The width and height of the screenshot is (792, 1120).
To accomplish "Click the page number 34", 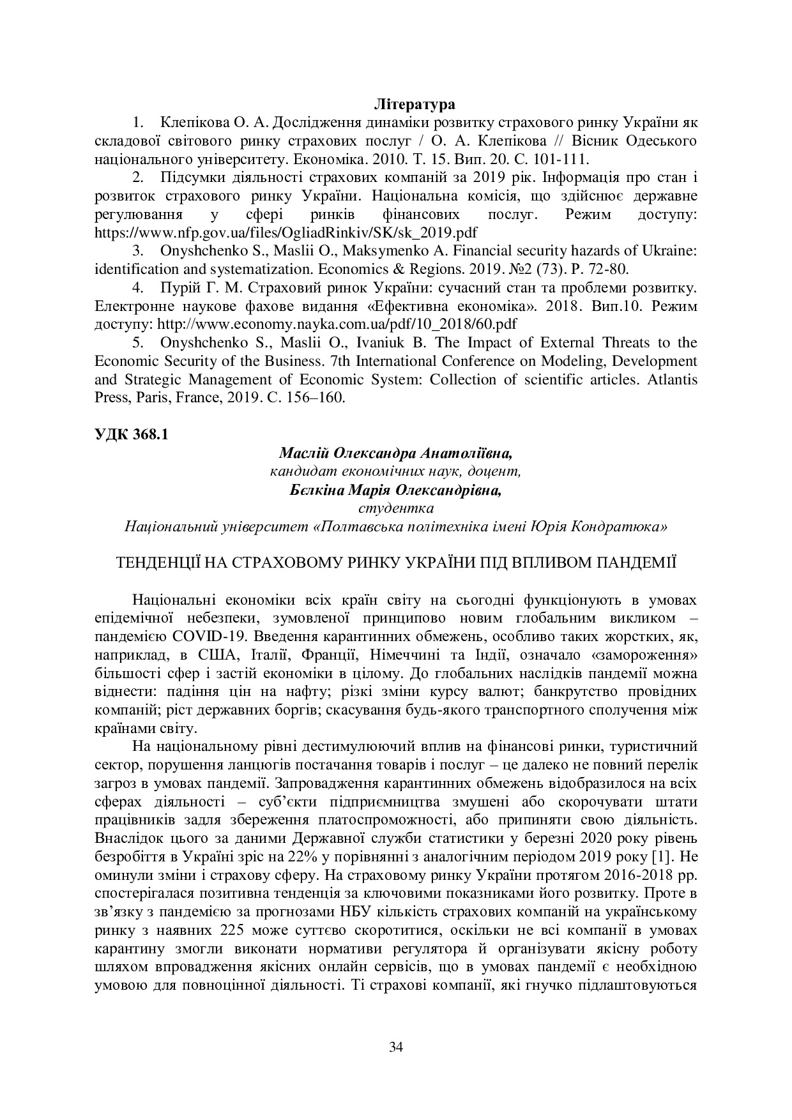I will pyautogui.click(x=396, y=1047).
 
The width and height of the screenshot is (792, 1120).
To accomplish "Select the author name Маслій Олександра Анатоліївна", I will pyautogui.click(x=395, y=453).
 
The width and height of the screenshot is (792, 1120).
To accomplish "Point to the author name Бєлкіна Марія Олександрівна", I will pyautogui.click(x=395, y=490).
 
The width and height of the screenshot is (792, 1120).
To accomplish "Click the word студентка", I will pyautogui.click(x=396, y=509).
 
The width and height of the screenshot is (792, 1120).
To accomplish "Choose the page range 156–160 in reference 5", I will pyautogui.click(x=318, y=398).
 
